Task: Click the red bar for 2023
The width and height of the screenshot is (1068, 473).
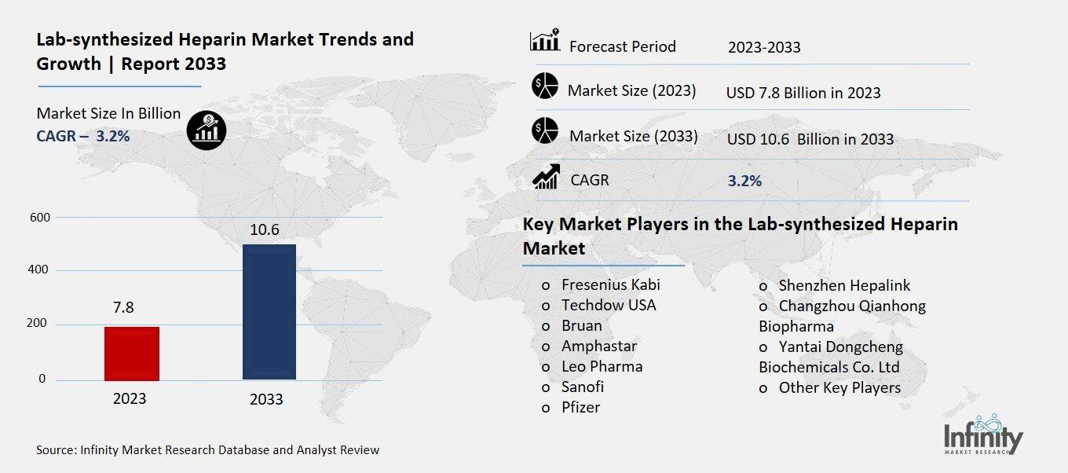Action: (132, 354)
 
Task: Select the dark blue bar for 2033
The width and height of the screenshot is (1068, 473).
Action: (269, 312)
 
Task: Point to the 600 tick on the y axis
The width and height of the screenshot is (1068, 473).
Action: (39, 217)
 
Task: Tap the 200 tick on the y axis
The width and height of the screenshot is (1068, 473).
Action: (39, 324)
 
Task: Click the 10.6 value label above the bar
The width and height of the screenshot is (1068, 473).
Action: (264, 229)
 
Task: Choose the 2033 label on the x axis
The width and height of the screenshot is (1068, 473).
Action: (266, 399)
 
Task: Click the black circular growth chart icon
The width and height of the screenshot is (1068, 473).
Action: (207, 128)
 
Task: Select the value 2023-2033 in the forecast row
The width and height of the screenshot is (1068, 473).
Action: (764, 47)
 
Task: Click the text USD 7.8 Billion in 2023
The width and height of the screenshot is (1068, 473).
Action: (803, 93)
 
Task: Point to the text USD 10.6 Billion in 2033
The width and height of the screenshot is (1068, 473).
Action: (810, 139)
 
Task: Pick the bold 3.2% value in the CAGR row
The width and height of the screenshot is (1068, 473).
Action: (744, 181)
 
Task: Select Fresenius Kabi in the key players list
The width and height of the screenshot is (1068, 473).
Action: (610, 284)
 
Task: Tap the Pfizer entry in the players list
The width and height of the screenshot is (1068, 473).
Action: (580, 407)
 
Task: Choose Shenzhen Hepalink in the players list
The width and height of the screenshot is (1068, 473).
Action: (844, 285)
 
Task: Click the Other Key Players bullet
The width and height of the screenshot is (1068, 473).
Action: (839, 387)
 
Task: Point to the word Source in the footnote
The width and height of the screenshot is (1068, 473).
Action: (56, 450)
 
